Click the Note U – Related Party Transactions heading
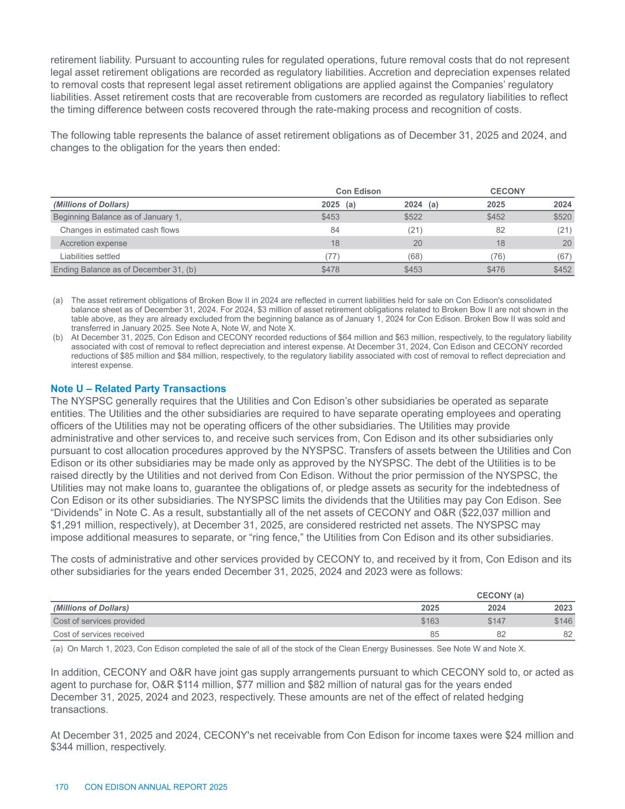click(138, 389)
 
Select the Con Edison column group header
click(358, 191)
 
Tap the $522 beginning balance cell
click(413, 217)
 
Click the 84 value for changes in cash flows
click(334, 230)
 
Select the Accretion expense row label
click(94, 243)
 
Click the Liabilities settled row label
click(90, 256)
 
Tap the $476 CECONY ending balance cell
click(495, 269)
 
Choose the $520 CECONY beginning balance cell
click(562, 217)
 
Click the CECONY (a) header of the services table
click(500, 595)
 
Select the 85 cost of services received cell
click(434, 634)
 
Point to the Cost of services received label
click(98, 634)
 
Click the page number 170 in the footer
click(62, 787)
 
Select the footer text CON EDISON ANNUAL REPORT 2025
click(156, 787)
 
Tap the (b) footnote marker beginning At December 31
click(58, 337)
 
